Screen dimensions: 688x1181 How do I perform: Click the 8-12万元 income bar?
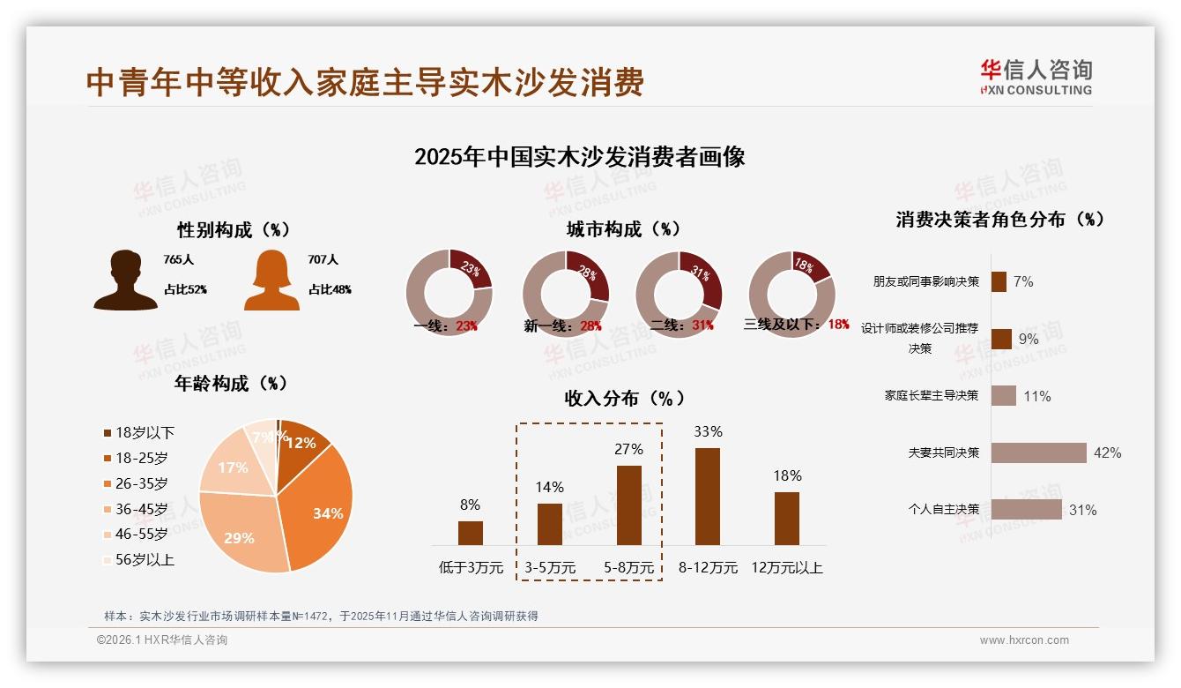pyautogui.click(x=708, y=497)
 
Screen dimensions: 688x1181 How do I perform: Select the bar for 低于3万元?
pyautogui.click(x=470, y=533)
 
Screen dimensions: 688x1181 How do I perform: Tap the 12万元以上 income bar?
pyautogui.click(x=787, y=519)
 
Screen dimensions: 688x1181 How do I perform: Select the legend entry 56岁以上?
pyautogui.click(x=138, y=559)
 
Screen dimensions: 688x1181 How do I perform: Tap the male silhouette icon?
pyautogui.click(x=125, y=280)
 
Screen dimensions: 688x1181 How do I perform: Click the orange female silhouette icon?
pyautogui.click(x=271, y=280)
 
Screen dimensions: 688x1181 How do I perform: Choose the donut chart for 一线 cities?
pyautogui.click(x=449, y=293)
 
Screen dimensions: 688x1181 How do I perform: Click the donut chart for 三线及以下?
pyautogui.click(x=791, y=293)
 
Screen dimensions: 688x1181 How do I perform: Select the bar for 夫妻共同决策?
pyautogui.click(x=1038, y=452)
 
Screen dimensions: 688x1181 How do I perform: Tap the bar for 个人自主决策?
pyautogui.click(x=1026, y=510)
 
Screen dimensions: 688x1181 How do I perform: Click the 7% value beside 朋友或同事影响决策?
pyautogui.click(x=1023, y=281)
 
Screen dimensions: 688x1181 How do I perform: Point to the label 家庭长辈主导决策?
pyautogui.click(x=932, y=396)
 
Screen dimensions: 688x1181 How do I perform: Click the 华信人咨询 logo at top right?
pyautogui.click(x=1036, y=77)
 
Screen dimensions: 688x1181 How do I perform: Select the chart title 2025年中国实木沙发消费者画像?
pyautogui.click(x=579, y=157)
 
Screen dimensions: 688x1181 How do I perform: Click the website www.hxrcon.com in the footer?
pyautogui.click(x=1024, y=640)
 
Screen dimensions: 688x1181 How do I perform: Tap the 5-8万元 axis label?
pyautogui.click(x=629, y=568)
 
